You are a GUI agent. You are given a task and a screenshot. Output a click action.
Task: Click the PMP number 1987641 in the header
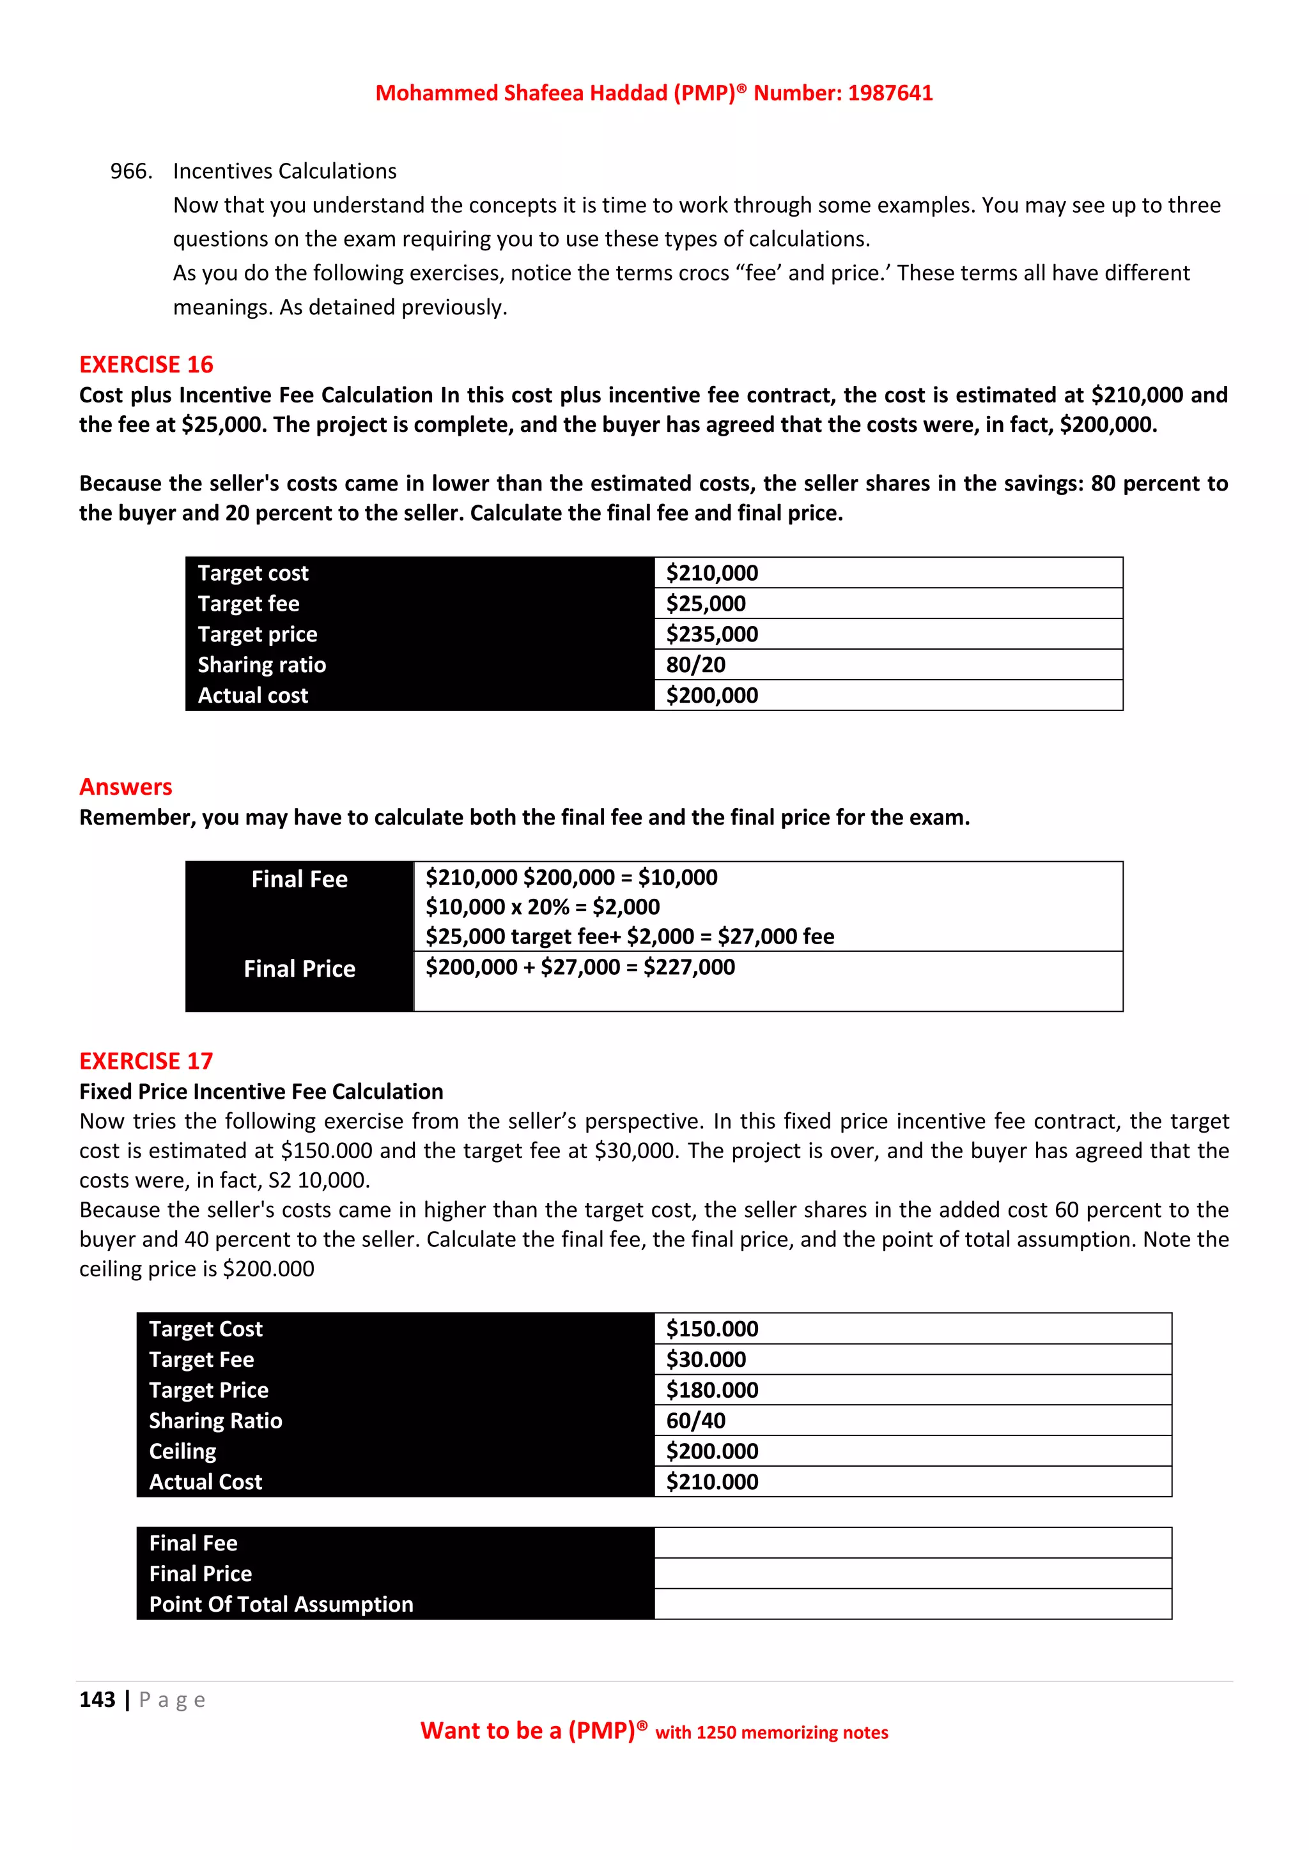click(x=890, y=93)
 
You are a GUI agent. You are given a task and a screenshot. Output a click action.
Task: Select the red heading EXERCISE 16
click(x=146, y=365)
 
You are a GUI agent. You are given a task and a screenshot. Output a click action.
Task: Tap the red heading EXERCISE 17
click(x=146, y=1061)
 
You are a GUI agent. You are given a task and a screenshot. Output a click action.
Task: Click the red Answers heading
click(x=126, y=787)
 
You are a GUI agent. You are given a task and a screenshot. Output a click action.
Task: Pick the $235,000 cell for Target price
click(x=712, y=634)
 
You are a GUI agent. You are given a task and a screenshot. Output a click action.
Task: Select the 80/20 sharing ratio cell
click(x=695, y=665)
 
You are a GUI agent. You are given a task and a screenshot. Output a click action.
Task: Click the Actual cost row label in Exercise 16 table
click(x=253, y=696)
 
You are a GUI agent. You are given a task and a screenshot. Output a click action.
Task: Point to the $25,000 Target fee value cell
click(x=706, y=604)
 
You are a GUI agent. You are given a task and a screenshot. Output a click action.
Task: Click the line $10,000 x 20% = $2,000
click(x=543, y=907)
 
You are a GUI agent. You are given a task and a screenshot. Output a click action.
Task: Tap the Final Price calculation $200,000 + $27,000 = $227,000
click(x=580, y=967)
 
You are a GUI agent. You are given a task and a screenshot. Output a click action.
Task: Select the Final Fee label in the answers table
click(x=299, y=879)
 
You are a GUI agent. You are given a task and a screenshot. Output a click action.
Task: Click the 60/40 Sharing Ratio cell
click(x=695, y=1421)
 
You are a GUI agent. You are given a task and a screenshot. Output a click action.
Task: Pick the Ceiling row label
click(x=183, y=1451)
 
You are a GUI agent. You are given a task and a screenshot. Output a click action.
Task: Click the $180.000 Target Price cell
click(x=712, y=1390)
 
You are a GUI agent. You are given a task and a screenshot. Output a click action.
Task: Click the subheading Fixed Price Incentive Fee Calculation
click(x=261, y=1092)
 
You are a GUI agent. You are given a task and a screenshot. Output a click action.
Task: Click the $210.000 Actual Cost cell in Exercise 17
click(x=712, y=1482)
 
